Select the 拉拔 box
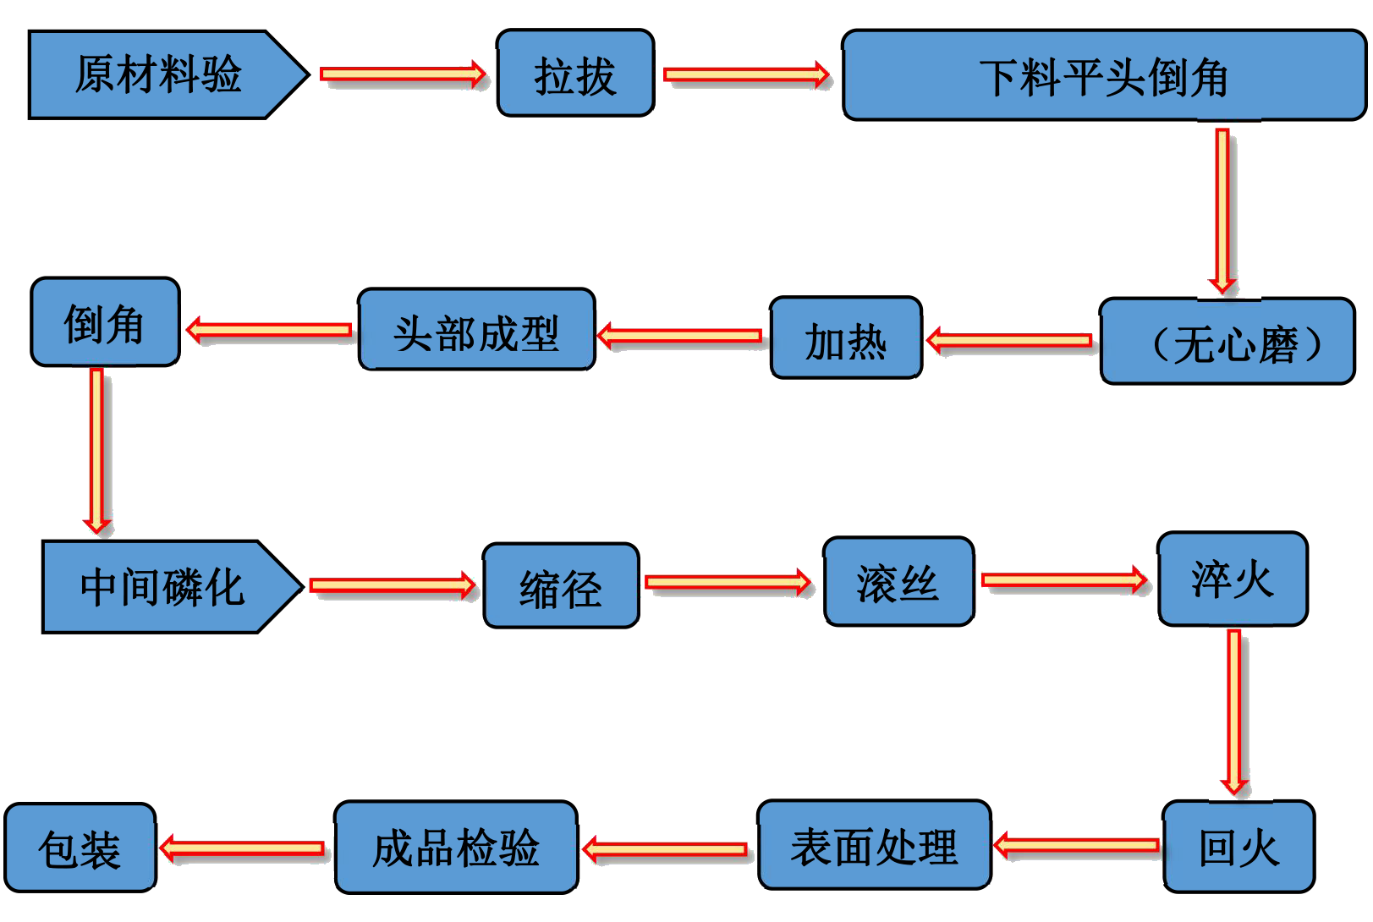[575, 74]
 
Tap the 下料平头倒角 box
[1103, 76]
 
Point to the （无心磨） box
[1227, 342]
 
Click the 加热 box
[845, 339]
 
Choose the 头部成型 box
[476, 331]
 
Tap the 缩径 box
[560, 587]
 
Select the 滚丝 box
[898, 583]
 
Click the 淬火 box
[1232, 579]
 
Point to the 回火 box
[1238, 847]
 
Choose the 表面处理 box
[874, 846]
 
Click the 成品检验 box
[456, 848]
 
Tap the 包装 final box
[80, 848]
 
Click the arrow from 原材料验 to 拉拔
[403, 74]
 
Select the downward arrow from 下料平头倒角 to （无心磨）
[1222, 211]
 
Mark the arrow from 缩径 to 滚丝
[728, 582]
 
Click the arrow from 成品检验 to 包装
[243, 848]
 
